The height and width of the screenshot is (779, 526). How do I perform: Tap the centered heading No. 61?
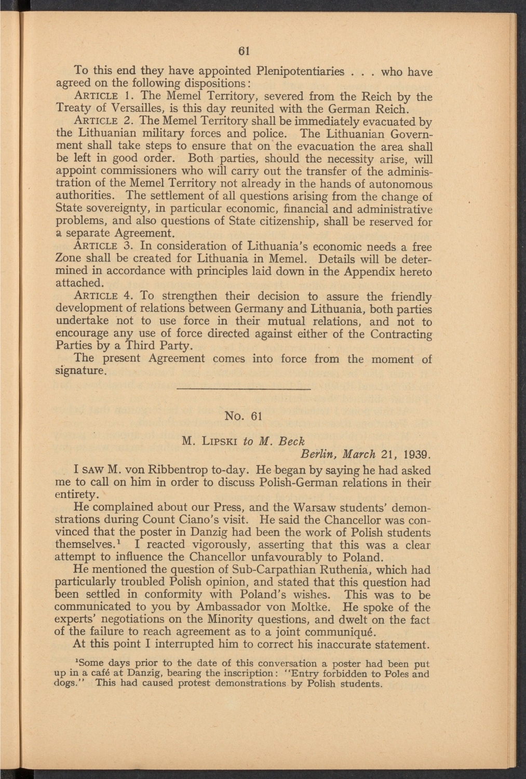tap(244, 416)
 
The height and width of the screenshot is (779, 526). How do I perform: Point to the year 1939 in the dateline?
tap(416, 455)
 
